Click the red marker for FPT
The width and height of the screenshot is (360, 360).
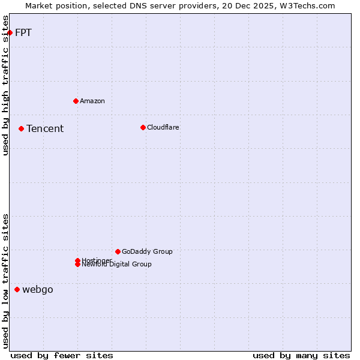(x=10, y=32)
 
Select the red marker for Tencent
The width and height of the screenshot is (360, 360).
(x=21, y=128)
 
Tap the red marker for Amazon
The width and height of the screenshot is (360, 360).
(x=76, y=101)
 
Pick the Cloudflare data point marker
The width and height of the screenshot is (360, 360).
(x=143, y=127)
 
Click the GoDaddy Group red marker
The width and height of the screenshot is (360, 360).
(x=118, y=251)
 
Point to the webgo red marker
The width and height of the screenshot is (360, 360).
(x=17, y=290)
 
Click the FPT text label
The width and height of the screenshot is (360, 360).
(x=23, y=32)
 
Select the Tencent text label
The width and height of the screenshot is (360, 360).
(x=45, y=128)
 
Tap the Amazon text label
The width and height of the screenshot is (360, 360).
(x=92, y=101)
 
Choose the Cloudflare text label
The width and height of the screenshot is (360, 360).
(x=163, y=127)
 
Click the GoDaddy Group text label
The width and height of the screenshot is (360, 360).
(x=147, y=251)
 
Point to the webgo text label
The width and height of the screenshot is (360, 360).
(x=38, y=290)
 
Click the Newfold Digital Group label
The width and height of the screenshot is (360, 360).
(x=117, y=265)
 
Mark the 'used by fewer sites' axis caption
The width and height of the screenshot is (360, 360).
(x=62, y=355)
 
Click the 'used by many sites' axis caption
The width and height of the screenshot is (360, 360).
(x=301, y=355)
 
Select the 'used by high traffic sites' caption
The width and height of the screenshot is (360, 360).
(x=6, y=85)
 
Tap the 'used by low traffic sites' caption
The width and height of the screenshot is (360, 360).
(x=6, y=281)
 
